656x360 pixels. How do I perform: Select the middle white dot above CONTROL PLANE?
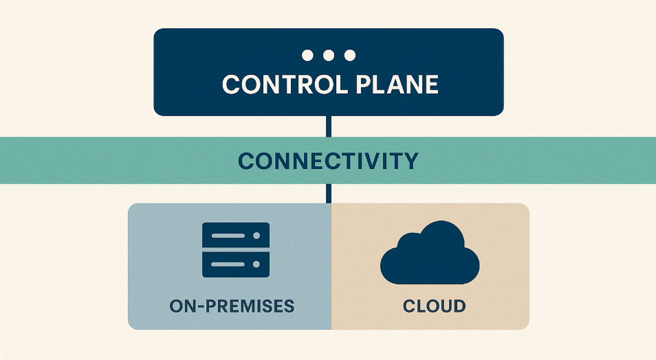point(329,55)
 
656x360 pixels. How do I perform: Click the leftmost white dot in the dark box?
point(307,55)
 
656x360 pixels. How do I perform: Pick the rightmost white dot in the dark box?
point(350,55)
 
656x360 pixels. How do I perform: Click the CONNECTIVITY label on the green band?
point(328,161)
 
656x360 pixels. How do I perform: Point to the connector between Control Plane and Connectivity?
point(329,126)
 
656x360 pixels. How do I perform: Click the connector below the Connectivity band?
point(329,193)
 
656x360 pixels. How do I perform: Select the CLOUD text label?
point(434,305)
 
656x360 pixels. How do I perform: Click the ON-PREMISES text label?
point(232,305)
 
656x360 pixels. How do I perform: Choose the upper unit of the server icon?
point(234,236)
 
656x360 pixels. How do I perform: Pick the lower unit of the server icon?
point(234,264)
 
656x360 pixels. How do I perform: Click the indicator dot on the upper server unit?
point(257,236)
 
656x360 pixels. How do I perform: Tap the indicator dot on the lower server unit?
point(257,264)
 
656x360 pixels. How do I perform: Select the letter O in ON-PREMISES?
point(177,305)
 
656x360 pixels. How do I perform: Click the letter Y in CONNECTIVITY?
point(411,161)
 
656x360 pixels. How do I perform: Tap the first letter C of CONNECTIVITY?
point(246,161)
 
